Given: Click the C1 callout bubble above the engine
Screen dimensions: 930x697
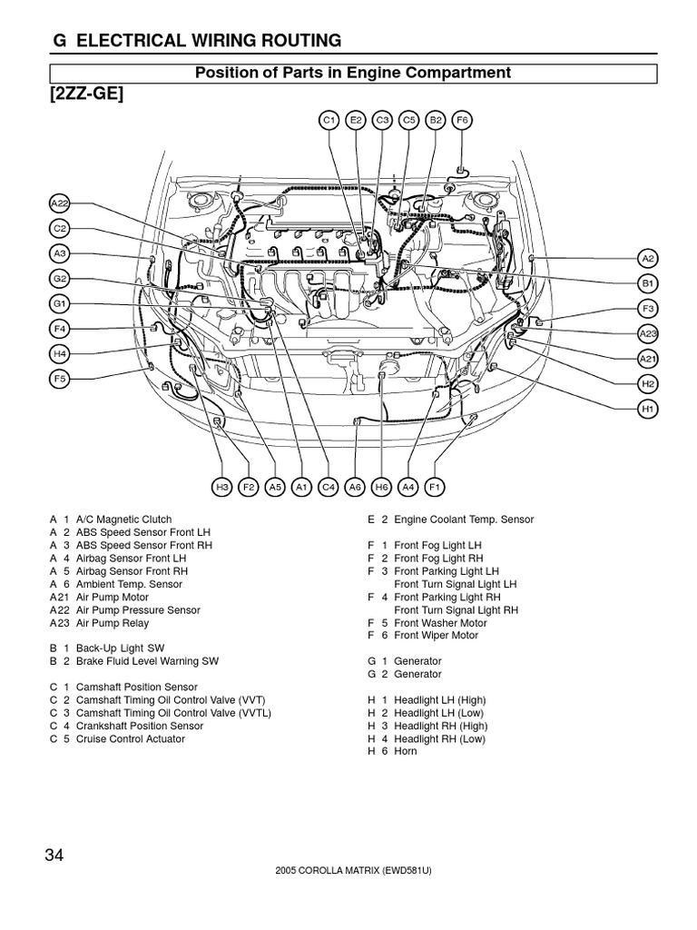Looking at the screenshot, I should [329, 119].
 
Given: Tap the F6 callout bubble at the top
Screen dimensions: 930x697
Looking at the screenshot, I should [462, 119].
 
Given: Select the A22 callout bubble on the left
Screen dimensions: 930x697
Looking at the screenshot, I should [60, 204].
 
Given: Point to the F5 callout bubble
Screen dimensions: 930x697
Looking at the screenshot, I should [60, 379].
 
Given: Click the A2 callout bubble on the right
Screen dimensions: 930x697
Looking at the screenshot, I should [648, 259].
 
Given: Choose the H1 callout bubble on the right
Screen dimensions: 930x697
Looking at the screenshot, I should [648, 410].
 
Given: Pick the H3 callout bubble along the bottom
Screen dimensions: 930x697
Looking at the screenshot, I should [222, 488].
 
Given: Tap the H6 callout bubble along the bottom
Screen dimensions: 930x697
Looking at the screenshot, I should [382, 488].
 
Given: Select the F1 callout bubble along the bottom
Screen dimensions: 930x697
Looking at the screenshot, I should [435, 488].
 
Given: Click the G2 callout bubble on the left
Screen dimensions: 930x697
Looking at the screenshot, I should [60, 279].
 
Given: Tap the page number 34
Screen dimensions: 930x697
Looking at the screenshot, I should [56, 856].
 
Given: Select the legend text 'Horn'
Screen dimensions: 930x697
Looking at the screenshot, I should [406, 752].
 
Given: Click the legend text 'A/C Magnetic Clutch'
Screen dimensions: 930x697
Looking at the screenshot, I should [124, 519].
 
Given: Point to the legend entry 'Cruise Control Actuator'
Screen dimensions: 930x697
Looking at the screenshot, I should [131, 739].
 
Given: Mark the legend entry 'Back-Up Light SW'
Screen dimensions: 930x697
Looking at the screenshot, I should [120, 648].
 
